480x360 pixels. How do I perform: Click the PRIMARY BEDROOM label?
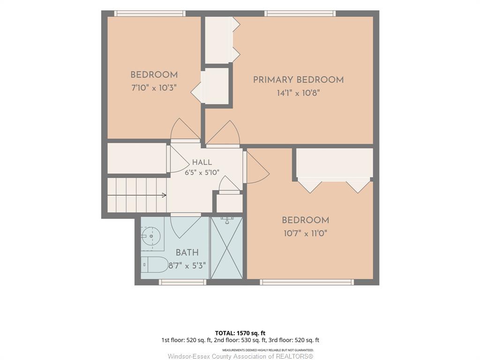298,80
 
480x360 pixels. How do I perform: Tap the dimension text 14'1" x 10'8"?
298,93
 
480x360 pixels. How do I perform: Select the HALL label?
202,162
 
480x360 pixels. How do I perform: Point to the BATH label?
187,253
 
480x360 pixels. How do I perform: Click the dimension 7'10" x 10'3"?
154,88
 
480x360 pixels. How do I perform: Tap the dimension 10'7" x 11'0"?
306,233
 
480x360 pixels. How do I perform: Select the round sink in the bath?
151,236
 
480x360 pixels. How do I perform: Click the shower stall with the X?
227,248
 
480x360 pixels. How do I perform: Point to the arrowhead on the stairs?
164,195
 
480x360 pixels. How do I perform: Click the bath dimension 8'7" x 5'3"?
187,265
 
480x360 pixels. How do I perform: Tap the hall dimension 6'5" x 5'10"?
202,172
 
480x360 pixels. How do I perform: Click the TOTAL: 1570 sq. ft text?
240,333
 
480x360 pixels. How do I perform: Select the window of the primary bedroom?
300,14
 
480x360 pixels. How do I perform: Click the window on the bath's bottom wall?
182,282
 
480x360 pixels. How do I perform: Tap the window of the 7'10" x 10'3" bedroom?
150,14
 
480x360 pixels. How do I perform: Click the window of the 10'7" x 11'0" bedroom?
307,282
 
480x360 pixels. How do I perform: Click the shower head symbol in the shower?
227,220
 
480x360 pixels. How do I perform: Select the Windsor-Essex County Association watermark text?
240,356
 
